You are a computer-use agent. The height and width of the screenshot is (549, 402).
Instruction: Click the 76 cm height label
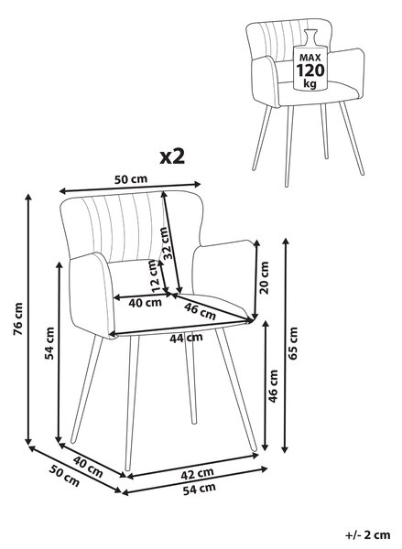[18, 318]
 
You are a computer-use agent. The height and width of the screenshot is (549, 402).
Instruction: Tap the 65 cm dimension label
[292, 343]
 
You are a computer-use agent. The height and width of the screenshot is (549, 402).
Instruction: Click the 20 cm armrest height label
[265, 277]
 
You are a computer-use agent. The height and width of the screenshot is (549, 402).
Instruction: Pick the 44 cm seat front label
[186, 338]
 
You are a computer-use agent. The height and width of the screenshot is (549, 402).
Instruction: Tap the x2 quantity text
[172, 156]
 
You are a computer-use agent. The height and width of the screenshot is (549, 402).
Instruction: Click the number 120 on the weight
[310, 70]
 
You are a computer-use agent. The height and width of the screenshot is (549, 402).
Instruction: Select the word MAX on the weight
[310, 58]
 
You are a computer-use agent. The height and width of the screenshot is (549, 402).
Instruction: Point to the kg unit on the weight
[310, 84]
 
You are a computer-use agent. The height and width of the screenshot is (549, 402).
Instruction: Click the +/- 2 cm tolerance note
[367, 535]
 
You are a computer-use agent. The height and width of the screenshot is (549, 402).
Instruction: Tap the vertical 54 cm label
[49, 343]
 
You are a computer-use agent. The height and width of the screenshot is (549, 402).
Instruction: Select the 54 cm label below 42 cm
[200, 489]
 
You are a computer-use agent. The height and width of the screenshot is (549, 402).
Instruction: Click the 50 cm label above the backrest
[131, 179]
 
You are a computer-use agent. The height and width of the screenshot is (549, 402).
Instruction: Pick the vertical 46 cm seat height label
[273, 386]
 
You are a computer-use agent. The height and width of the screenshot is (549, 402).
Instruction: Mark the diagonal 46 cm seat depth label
[201, 311]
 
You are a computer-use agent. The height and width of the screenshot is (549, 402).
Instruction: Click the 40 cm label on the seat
[145, 303]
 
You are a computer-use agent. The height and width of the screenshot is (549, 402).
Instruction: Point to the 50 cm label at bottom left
[64, 476]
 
